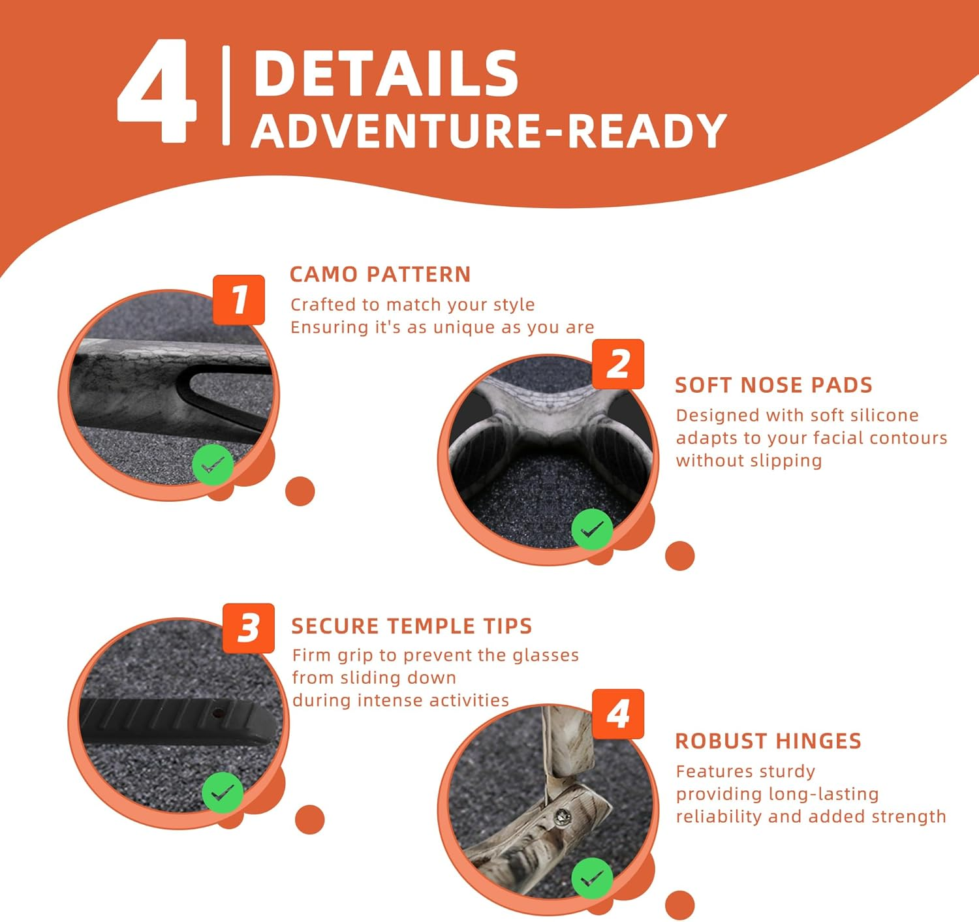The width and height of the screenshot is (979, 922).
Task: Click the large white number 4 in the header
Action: click(x=157, y=91)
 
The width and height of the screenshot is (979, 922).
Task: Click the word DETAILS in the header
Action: click(x=386, y=74)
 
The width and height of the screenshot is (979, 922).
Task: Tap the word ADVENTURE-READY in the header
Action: click(x=488, y=131)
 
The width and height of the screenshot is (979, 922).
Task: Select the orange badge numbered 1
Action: click(x=239, y=300)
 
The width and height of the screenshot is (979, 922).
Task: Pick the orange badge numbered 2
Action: click(x=617, y=364)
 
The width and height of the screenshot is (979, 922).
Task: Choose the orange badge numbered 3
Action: click(x=249, y=628)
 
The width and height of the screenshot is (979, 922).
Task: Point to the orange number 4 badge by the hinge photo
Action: click(x=617, y=714)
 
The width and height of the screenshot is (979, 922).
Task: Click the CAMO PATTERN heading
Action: click(x=380, y=275)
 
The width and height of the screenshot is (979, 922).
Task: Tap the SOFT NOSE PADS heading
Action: click(x=773, y=385)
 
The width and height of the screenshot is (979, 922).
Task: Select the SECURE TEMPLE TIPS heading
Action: click(x=412, y=626)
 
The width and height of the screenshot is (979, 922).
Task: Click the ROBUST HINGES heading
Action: click(x=768, y=741)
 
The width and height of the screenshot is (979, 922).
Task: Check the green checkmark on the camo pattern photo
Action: click(x=213, y=465)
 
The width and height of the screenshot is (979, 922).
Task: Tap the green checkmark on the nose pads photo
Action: click(x=592, y=530)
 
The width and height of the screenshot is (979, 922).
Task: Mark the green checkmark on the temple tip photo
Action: click(x=223, y=793)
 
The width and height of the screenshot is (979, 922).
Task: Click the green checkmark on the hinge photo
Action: click(x=592, y=878)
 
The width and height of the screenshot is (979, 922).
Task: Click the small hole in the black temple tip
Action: click(x=217, y=713)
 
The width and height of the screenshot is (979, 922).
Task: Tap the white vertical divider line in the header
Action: click(x=226, y=95)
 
